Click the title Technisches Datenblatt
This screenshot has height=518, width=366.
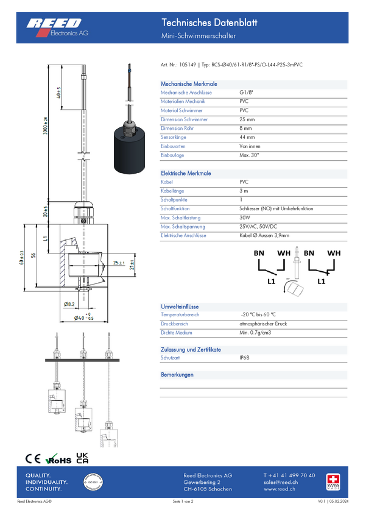tap(209, 23)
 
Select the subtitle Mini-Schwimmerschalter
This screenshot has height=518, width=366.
tap(198, 37)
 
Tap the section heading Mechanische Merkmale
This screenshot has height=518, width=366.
tap(189, 84)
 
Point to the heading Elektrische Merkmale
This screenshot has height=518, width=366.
tap(186, 173)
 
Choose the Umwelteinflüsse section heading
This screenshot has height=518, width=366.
tap(180, 307)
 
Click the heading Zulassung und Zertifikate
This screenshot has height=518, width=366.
tap(191, 350)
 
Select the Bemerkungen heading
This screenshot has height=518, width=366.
tap(177, 375)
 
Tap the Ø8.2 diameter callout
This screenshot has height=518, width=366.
tap(69, 303)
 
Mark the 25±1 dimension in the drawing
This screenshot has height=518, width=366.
tap(119, 263)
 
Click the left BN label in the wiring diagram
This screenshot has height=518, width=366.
tap(259, 252)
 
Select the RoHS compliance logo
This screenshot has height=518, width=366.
tap(59, 459)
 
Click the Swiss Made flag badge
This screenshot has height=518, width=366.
tap(333, 480)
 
